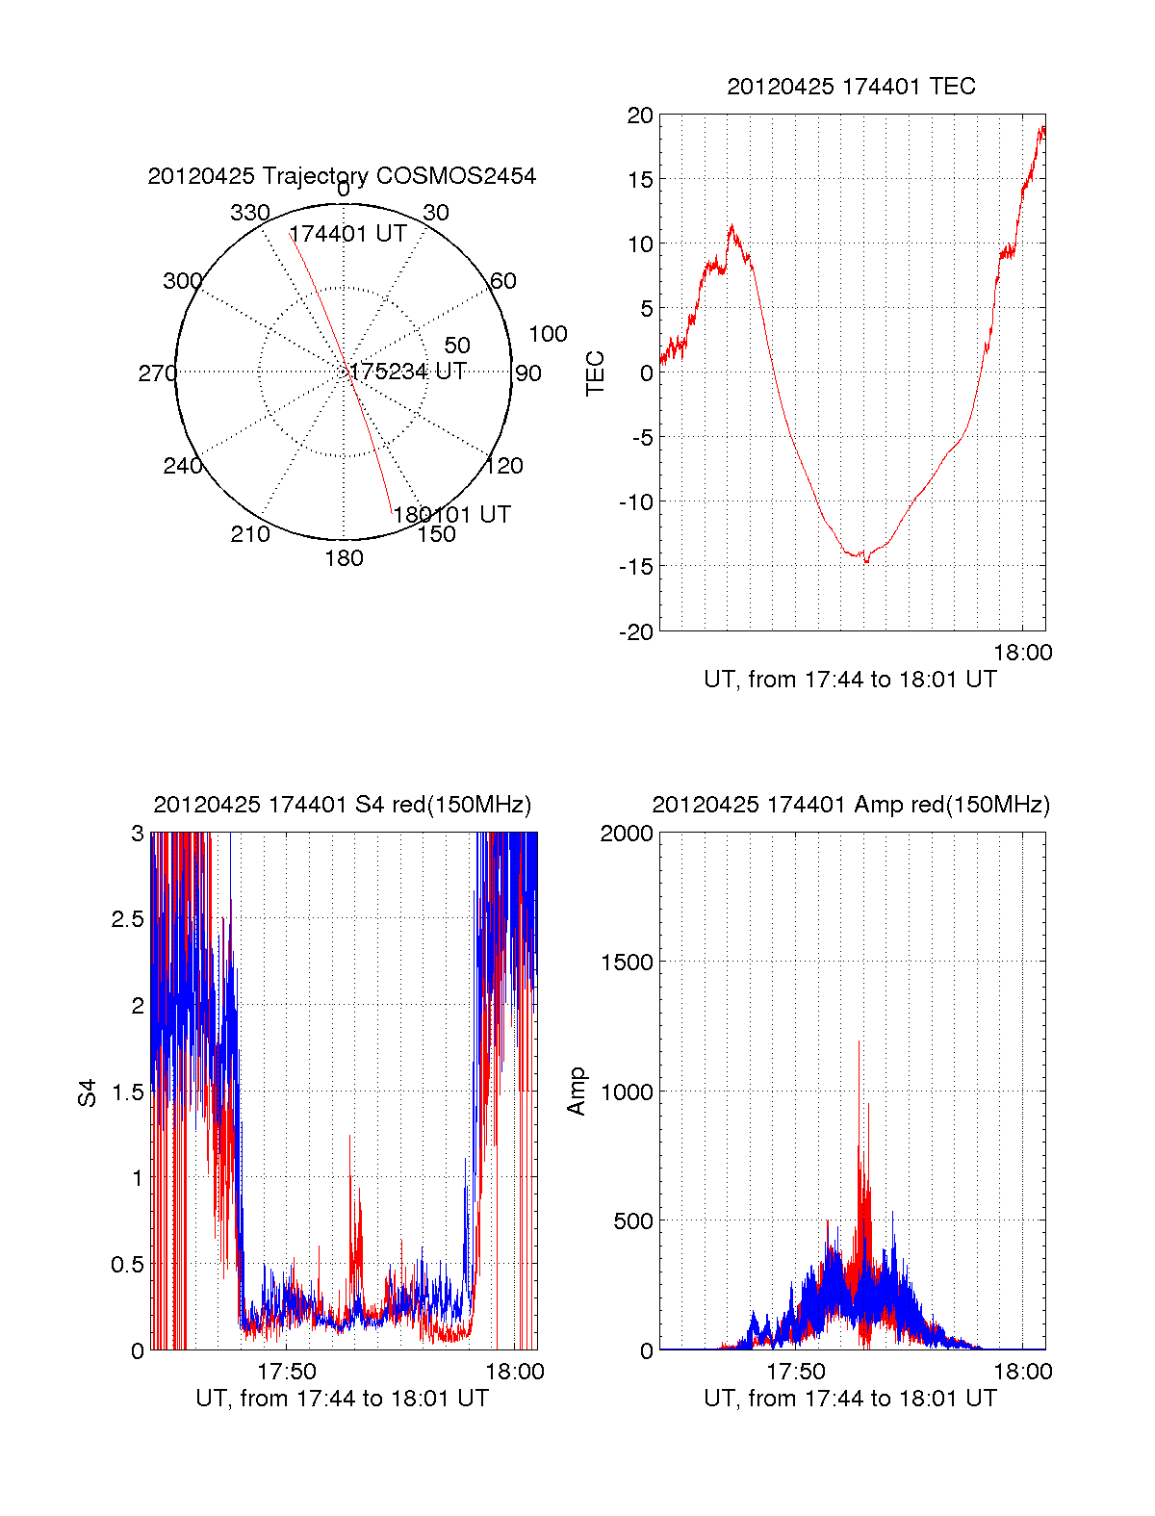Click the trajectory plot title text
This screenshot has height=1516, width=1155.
(x=342, y=176)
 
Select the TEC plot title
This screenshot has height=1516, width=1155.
(x=851, y=87)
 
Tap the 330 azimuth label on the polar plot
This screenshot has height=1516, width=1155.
(x=249, y=213)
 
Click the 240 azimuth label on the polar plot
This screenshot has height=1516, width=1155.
(x=182, y=466)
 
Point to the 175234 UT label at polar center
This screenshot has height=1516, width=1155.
(x=408, y=372)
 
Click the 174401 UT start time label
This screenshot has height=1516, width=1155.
(x=347, y=234)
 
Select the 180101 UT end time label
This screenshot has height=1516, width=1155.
(x=451, y=514)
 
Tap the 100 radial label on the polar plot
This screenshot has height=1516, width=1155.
(x=548, y=334)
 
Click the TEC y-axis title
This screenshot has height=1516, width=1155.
(x=596, y=373)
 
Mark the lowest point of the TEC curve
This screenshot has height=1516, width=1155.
(x=866, y=561)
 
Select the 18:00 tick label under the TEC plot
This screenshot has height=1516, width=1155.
(x=1022, y=653)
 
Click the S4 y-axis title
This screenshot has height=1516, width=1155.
(x=88, y=1092)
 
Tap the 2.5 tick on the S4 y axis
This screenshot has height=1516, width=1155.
(x=128, y=919)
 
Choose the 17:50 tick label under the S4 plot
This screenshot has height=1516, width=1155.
(x=287, y=1372)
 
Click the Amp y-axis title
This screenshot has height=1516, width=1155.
(x=577, y=1092)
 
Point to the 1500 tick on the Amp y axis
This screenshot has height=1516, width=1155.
(x=627, y=962)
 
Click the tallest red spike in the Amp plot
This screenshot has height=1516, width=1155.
(x=859, y=1043)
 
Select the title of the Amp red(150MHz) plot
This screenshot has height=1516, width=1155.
(x=851, y=805)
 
